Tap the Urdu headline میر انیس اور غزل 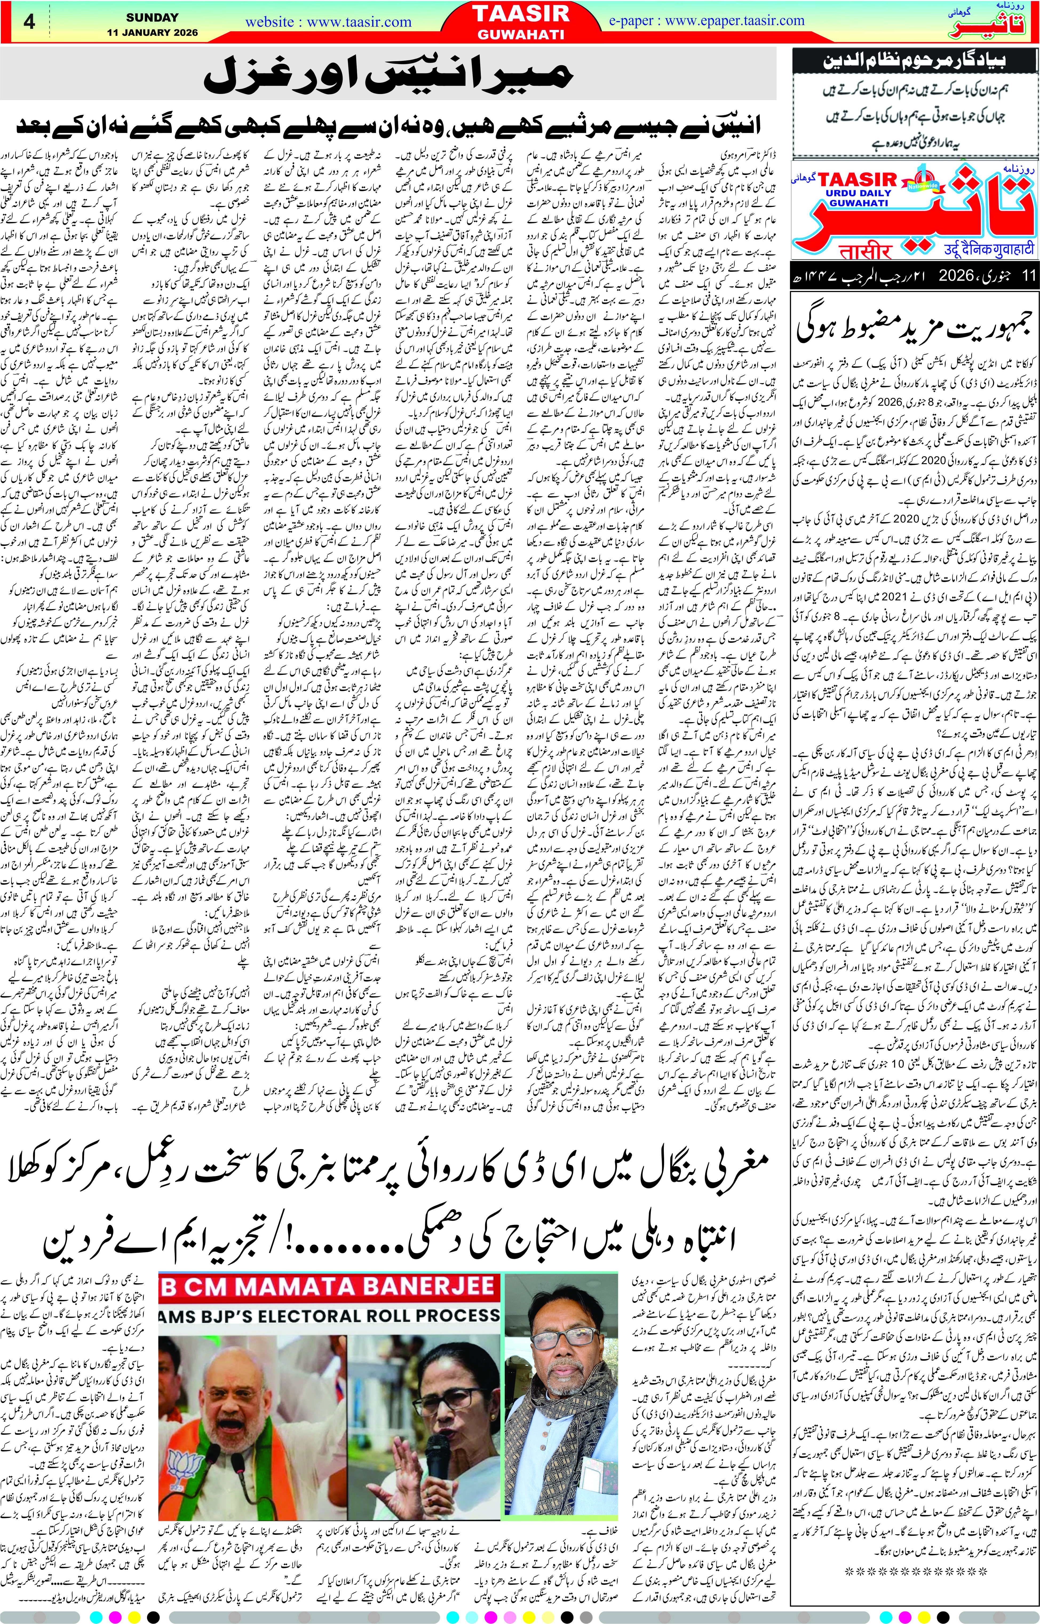[388, 74]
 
